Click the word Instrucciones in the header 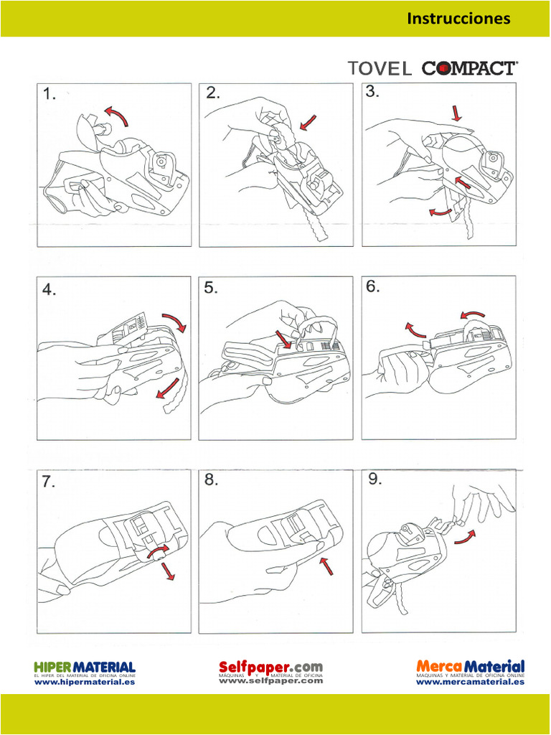click(458, 19)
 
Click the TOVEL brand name click(380, 69)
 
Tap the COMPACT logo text click(468, 68)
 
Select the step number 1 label click(49, 94)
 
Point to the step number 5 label click(210, 289)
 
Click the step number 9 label click(375, 479)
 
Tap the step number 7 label click(48, 482)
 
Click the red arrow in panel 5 click(285, 340)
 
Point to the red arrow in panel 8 click(326, 565)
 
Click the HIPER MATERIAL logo click(85, 668)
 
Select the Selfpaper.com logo click(270, 668)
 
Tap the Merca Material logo click(470, 668)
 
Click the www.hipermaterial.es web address click(85, 683)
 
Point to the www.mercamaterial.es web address click(470, 683)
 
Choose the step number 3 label click(372, 91)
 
